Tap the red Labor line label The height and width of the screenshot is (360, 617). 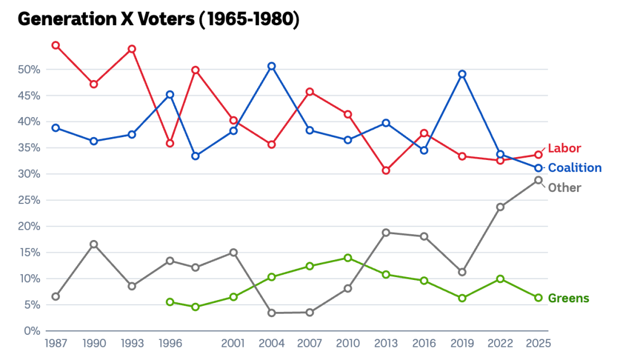click(x=564, y=149)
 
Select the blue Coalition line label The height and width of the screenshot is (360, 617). click(x=575, y=168)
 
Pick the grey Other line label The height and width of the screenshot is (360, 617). click(x=564, y=188)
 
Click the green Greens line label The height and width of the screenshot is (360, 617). click(x=568, y=298)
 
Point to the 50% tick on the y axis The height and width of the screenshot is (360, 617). click(x=29, y=70)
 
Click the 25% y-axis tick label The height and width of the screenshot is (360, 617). click(x=29, y=201)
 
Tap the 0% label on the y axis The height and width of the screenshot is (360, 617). click(x=31, y=331)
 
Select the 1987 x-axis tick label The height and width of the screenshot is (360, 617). click(x=56, y=343)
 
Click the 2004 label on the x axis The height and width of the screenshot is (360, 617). click(x=272, y=343)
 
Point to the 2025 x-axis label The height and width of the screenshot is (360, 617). click(x=538, y=343)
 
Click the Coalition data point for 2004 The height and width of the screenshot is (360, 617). click(x=272, y=66)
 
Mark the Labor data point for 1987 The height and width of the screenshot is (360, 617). click(x=56, y=45)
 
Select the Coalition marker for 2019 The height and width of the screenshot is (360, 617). click(x=462, y=74)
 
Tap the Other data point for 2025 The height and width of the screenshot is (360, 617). click(x=538, y=180)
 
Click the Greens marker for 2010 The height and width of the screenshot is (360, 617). click(x=348, y=258)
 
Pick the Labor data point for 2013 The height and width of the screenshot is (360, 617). click(x=386, y=170)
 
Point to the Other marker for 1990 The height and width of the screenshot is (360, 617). click(x=94, y=245)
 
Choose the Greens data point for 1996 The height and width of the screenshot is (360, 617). click(x=170, y=302)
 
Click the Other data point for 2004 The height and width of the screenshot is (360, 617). click(x=272, y=313)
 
